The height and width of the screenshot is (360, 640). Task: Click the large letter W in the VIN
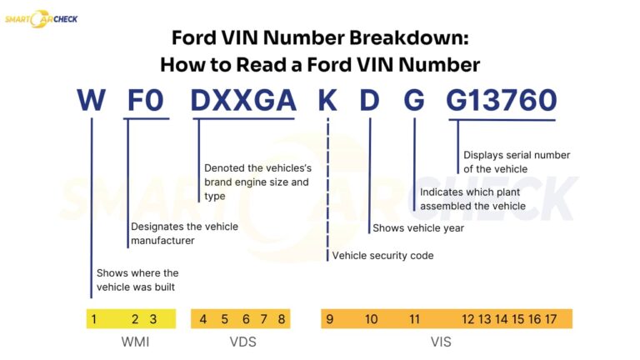[x=91, y=101]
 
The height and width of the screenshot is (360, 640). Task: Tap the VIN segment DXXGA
[x=242, y=101]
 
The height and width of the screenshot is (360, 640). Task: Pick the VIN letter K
[x=327, y=101]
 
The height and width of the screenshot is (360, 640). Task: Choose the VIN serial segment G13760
[x=501, y=101]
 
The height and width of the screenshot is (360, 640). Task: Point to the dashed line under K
[x=327, y=183]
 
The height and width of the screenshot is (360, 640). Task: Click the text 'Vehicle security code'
[x=382, y=256]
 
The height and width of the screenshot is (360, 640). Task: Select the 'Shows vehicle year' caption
[x=418, y=227]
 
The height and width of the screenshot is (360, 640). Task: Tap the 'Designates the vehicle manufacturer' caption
[x=184, y=234]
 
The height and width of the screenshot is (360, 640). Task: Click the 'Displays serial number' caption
[x=516, y=162]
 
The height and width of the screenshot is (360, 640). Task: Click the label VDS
[x=242, y=342]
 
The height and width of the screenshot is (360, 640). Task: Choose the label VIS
[x=441, y=342]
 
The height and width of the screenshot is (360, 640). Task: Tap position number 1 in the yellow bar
[x=95, y=318]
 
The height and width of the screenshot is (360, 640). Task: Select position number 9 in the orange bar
[x=330, y=318]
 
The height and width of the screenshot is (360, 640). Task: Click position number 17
[x=551, y=318]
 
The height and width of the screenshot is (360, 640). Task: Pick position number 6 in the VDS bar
[x=246, y=318]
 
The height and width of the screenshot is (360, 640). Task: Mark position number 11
[x=414, y=318]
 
